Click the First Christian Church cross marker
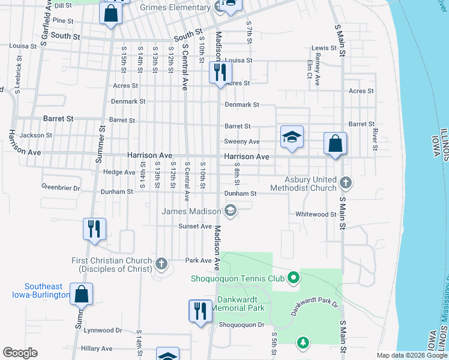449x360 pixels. (x=161, y=262)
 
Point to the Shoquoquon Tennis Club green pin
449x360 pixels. (x=293, y=277)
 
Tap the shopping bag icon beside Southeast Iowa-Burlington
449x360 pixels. (x=81, y=293)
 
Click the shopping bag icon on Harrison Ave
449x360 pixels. (x=335, y=143)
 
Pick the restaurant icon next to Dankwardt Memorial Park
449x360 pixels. (x=200, y=310)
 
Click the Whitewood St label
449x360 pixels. (x=316, y=214)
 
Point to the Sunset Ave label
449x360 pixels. (x=195, y=226)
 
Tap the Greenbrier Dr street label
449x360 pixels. (x=61, y=188)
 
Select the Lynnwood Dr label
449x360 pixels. (x=103, y=330)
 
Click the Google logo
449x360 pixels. (x=20, y=353)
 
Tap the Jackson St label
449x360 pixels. (x=35, y=136)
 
